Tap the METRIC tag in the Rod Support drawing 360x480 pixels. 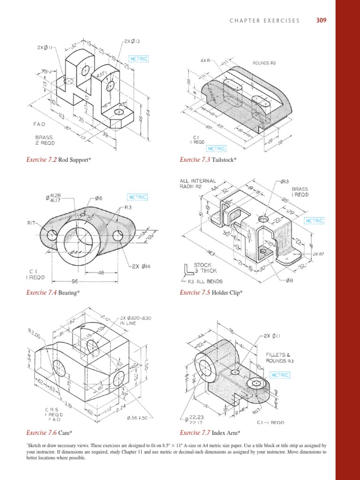pos(138,59)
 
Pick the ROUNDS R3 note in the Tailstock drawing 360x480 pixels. pos(264,62)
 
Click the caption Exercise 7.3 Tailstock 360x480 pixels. pos(208,160)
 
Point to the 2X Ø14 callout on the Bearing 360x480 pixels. pos(142,267)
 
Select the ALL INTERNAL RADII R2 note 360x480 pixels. pos(197,184)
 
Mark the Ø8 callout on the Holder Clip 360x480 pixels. pos(290,281)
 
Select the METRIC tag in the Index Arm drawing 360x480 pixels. pos(280,375)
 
